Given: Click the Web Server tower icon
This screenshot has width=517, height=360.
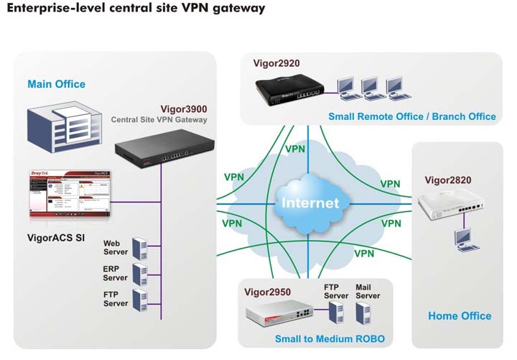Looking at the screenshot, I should pyautogui.click(x=139, y=249).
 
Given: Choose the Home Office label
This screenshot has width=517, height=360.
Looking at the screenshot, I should pyautogui.click(x=460, y=315).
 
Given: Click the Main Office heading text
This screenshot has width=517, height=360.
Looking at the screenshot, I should pyautogui.click(x=56, y=84).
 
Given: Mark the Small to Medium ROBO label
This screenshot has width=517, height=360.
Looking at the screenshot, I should pyautogui.click(x=330, y=338).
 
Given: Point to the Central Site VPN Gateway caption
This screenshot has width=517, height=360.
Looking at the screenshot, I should pyautogui.click(x=159, y=120).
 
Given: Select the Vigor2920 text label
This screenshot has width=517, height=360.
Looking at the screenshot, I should pyautogui.click(x=276, y=63).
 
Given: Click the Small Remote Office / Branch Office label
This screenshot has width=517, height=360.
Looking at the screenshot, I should pyautogui.click(x=412, y=116).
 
